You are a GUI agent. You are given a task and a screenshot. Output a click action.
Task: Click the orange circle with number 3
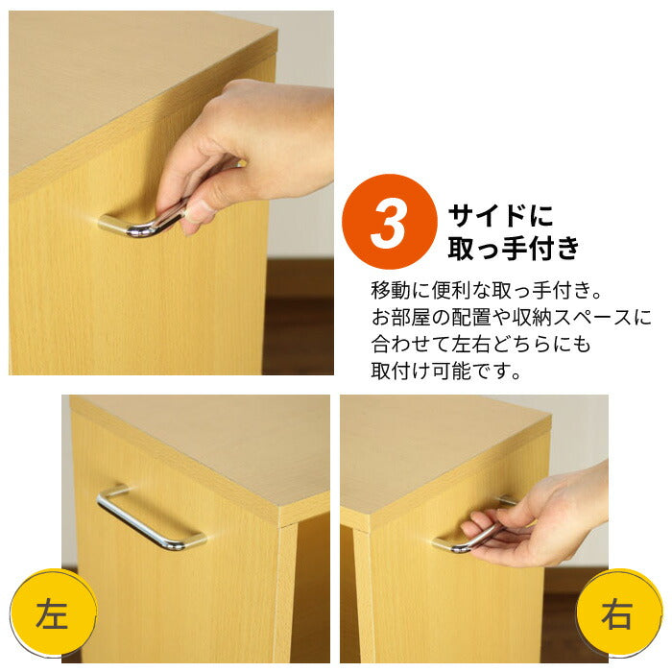click(390, 222)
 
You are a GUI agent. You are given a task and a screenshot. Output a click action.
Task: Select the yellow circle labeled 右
click(618, 613)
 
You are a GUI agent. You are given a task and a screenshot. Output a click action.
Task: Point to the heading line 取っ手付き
click(515, 249)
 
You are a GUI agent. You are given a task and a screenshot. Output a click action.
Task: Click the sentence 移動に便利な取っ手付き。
click(491, 289)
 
